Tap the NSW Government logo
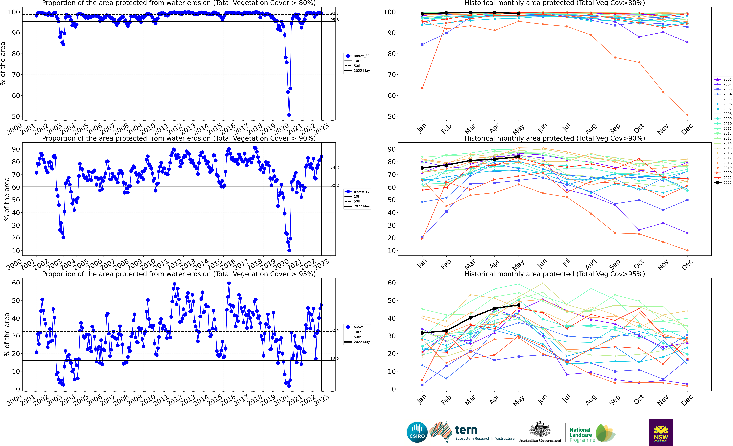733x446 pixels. click(x=661, y=432)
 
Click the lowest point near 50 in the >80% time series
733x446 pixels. click(x=289, y=115)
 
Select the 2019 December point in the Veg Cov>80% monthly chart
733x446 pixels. click(x=687, y=115)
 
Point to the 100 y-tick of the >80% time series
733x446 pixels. click(x=14, y=12)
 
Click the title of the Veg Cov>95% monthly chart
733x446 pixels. click(x=555, y=274)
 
